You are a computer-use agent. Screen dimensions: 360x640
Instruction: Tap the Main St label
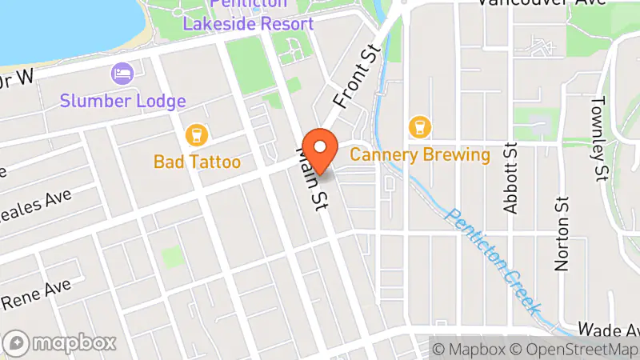(x=312, y=178)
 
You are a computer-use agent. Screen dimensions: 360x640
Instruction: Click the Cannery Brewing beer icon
(x=418, y=126)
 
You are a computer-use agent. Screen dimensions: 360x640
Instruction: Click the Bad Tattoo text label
(x=197, y=162)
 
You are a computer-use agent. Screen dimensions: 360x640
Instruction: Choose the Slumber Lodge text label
(x=124, y=102)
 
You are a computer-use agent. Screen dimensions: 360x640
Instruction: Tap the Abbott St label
(x=511, y=178)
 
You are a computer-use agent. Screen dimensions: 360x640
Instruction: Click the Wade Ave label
(x=608, y=330)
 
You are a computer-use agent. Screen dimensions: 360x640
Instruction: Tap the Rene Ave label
(x=35, y=294)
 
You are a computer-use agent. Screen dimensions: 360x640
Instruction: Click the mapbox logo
(x=60, y=343)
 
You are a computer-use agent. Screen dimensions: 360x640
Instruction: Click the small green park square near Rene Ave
(x=172, y=256)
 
